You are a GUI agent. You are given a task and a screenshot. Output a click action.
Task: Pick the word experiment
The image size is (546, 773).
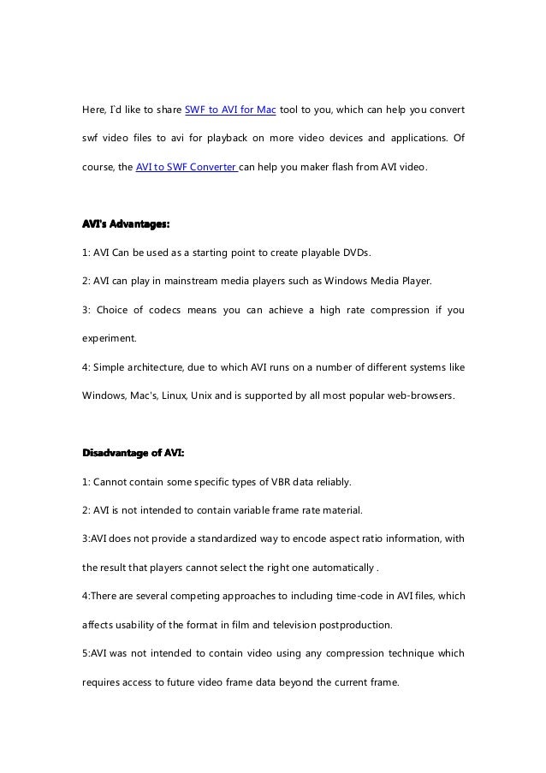tap(109, 339)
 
